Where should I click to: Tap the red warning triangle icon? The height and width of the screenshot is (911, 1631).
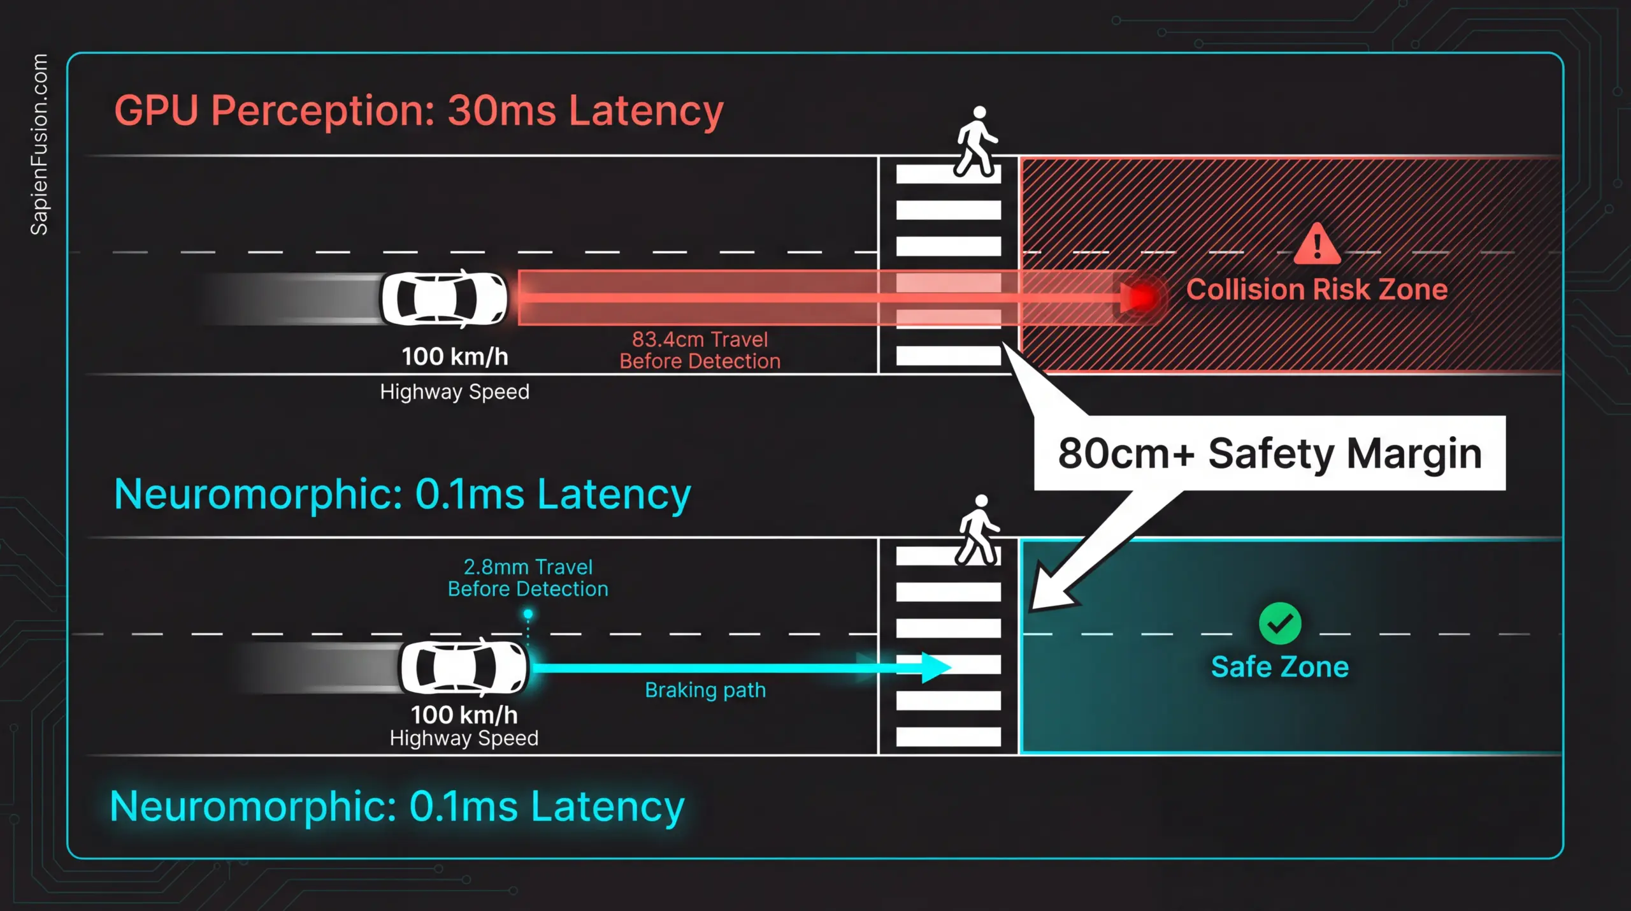click(x=1317, y=245)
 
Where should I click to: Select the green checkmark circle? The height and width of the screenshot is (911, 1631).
click(x=1280, y=623)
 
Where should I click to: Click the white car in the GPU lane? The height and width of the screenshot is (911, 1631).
click(x=444, y=298)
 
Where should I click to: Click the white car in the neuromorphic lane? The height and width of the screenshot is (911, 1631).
click(x=464, y=666)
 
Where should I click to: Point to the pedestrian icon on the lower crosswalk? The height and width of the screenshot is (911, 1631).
click(x=979, y=530)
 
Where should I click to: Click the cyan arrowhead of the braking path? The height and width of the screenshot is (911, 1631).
click(x=935, y=667)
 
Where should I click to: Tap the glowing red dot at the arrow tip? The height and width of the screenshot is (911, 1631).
click(x=1144, y=296)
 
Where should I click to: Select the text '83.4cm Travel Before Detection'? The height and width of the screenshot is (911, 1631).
click(x=700, y=350)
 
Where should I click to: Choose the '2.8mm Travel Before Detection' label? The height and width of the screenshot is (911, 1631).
click(x=528, y=578)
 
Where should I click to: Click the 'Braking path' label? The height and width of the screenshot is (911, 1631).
click(x=705, y=690)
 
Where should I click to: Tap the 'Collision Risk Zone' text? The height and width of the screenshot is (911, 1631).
click(x=1316, y=289)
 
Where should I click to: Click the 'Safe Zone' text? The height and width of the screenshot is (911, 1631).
click(x=1280, y=667)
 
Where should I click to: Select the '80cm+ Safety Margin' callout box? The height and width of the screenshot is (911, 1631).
click(x=1269, y=453)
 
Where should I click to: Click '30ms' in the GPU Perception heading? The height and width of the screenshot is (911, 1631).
click(x=501, y=111)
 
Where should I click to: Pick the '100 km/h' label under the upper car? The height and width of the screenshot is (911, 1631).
click(x=455, y=356)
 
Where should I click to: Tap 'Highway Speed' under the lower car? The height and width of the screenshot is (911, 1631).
click(x=464, y=738)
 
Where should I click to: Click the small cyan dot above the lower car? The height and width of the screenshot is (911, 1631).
click(x=528, y=614)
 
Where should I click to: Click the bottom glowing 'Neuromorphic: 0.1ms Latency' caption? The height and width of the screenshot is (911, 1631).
click(x=397, y=806)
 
